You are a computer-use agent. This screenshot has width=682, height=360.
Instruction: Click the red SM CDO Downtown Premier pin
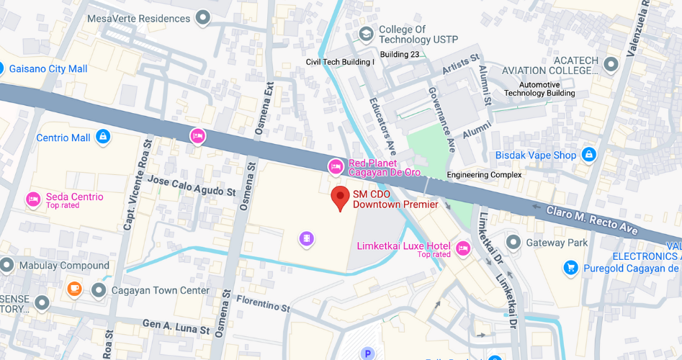tap(340, 197)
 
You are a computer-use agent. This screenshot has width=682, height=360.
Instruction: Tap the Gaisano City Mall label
tap(48, 68)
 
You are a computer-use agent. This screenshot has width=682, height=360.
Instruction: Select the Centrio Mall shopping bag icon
tap(103, 137)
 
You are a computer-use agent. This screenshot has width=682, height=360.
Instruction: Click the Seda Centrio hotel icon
tap(32, 199)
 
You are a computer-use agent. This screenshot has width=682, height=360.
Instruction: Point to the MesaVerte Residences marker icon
tap(204, 17)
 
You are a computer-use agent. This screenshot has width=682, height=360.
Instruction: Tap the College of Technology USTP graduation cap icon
tap(366, 34)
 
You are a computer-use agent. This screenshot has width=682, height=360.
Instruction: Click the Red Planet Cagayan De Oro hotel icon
tap(335, 167)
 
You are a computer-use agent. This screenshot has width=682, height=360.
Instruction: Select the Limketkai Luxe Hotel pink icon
tap(462, 249)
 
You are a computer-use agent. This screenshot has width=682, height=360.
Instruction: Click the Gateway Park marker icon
tap(513, 243)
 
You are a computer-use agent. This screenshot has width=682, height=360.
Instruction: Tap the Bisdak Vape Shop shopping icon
tap(589, 155)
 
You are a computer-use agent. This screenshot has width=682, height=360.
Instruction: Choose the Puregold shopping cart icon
tap(570, 268)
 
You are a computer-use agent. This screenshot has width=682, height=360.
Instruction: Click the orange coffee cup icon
tap(74, 289)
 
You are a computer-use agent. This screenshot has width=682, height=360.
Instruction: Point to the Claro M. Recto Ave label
tap(591, 220)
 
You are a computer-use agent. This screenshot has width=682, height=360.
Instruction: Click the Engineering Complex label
tap(483, 175)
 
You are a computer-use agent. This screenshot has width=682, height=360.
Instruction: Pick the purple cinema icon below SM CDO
tap(307, 238)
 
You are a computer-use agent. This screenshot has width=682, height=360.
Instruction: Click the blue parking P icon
tap(368, 354)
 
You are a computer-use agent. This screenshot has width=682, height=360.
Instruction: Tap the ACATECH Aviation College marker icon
tap(611, 65)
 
